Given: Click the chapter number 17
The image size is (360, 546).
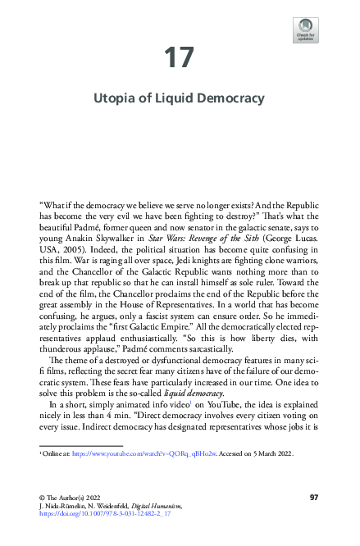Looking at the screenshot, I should (x=180, y=58).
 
